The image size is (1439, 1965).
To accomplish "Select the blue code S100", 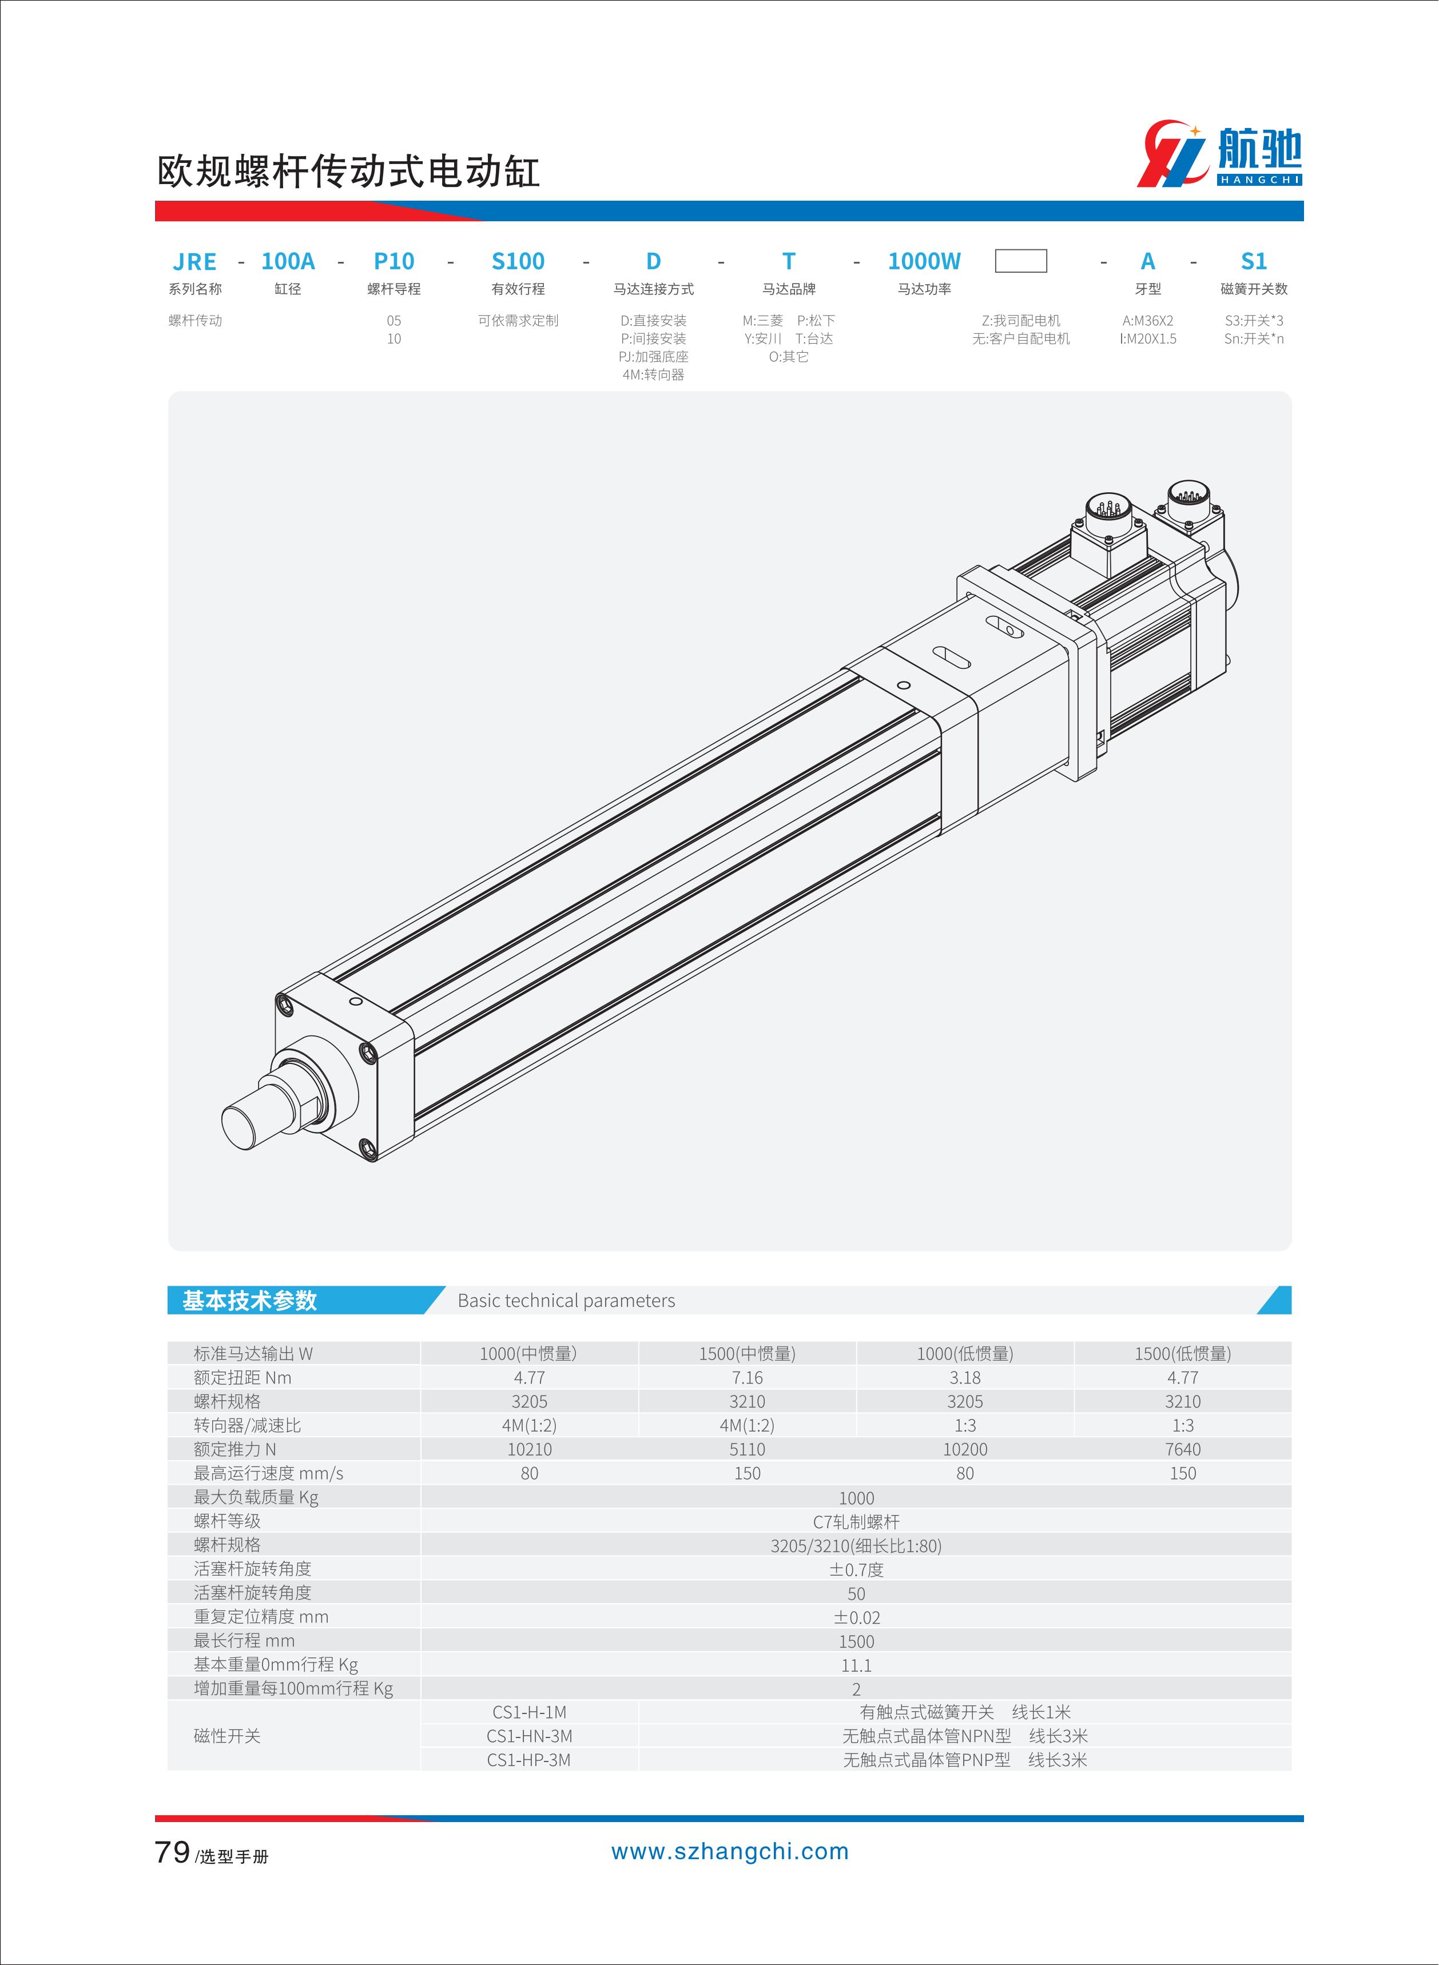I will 518,261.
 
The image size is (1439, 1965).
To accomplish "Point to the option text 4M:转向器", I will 653,374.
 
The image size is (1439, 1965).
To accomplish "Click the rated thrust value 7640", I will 1182,1449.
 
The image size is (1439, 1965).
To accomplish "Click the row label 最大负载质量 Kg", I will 256,1497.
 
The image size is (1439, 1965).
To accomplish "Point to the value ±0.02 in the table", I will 856,1617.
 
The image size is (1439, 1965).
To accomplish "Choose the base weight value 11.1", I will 856,1665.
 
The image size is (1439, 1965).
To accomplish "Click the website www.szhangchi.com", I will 730,1852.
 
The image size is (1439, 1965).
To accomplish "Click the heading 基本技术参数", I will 250,1301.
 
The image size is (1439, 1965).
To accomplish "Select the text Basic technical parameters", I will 566,1301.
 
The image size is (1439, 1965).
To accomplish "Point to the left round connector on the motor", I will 1107,510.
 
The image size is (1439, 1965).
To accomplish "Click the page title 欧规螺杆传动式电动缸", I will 348,172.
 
